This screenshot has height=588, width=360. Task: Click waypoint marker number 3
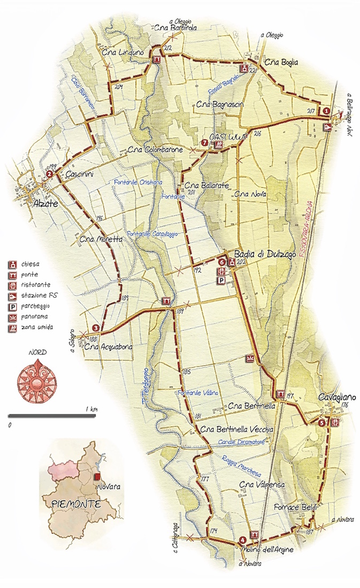(x=95, y=328)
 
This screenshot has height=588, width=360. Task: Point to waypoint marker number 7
(x=204, y=143)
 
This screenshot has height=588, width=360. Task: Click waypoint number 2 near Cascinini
(x=49, y=174)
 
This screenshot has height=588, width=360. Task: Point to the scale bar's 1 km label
(x=91, y=409)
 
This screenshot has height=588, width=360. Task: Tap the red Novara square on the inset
(x=97, y=476)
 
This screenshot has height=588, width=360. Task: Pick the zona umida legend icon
(x=11, y=328)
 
